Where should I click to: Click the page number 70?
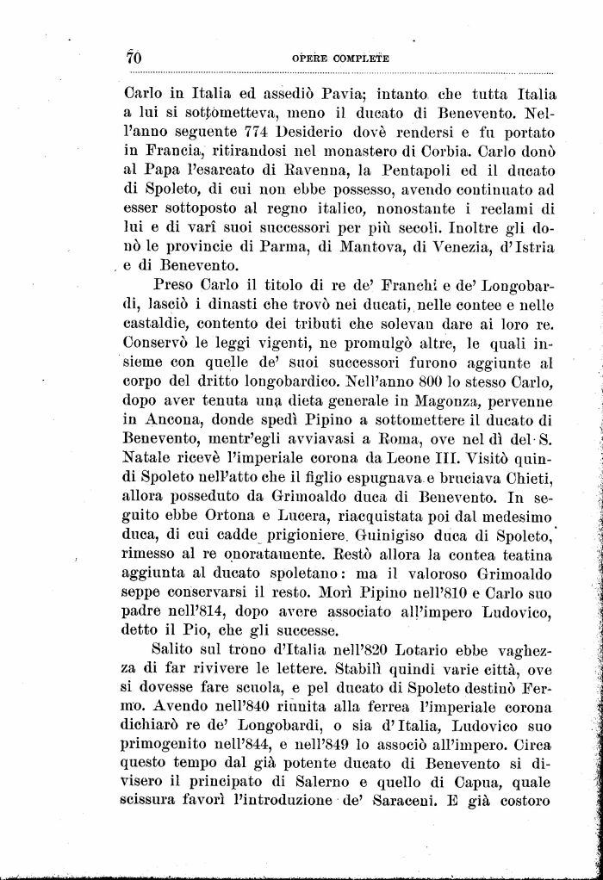(x=133, y=58)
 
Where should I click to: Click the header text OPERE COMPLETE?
(x=341, y=59)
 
